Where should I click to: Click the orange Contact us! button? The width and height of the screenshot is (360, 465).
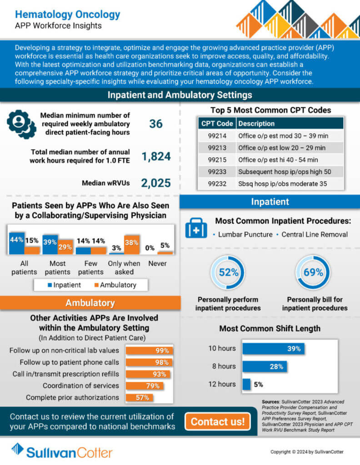pyautogui.click(x=217, y=421)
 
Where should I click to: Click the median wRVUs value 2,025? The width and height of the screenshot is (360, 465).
pyautogui.click(x=155, y=183)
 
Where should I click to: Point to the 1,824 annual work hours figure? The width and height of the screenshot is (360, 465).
pyautogui.click(x=156, y=157)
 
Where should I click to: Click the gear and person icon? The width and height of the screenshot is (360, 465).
pyautogui.click(x=21, y=124)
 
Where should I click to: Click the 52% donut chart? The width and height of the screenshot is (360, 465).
pyautogui.click(x=228, y=272)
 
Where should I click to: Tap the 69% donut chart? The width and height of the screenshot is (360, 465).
pyautogui.click(x=313, y=272)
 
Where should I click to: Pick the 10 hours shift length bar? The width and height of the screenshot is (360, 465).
pyautogui.click(x=273, y=349)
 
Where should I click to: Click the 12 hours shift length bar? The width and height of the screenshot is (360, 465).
pyautogui.click(x=246, y=384)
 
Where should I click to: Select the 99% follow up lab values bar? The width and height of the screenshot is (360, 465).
pyautogui.click(x=149, y=351)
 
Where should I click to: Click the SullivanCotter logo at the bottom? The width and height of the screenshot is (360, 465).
pyautogui.click(x=62, y=451)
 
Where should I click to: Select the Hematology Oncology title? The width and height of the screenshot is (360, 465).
pyautogui.click(x=68, y=15)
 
